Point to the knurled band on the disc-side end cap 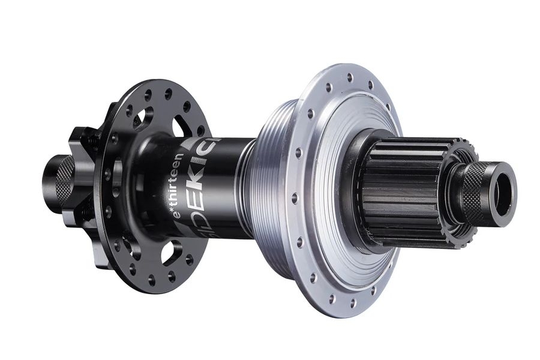click(x=65, y=181)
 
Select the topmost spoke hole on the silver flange click(x=349, y=77)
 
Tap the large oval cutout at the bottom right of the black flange click(x=170, y=251)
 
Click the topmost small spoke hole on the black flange click(x=148, y=93)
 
